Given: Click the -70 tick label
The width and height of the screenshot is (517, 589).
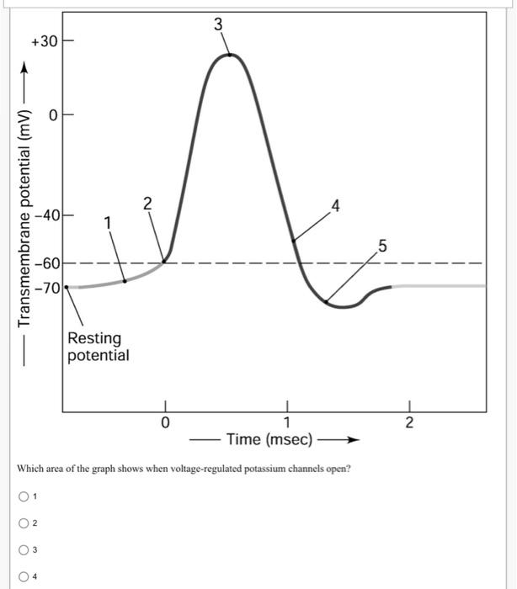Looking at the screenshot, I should [x=47, y=288].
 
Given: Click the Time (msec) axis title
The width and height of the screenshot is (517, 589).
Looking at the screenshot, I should [x=269, y=440].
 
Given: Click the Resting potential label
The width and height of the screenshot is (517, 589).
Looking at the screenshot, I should [x=99, y=347].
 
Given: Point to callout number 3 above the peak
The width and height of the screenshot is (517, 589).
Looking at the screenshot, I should [x=218, y=24].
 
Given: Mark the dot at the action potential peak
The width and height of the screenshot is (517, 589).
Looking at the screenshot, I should [x=229, y=55].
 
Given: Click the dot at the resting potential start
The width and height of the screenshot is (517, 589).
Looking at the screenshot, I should [x=67, y=287].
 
